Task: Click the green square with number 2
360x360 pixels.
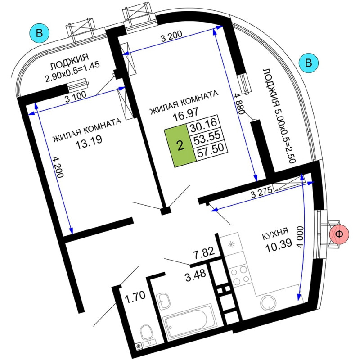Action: [x=180, y=145]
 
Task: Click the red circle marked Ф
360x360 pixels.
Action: [x=339, y=234]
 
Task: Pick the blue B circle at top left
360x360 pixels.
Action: [x=39, y=33]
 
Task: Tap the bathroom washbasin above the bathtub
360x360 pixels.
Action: [x=163, y=300]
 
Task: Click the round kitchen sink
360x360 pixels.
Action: [x=269, y=303]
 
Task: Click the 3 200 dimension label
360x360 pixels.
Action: [x=171, y=36]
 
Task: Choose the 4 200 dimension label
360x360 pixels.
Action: [x=58, y=167]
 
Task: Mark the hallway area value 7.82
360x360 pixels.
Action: [x=203, y=252]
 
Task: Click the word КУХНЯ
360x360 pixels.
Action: [x=275, y=234]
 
